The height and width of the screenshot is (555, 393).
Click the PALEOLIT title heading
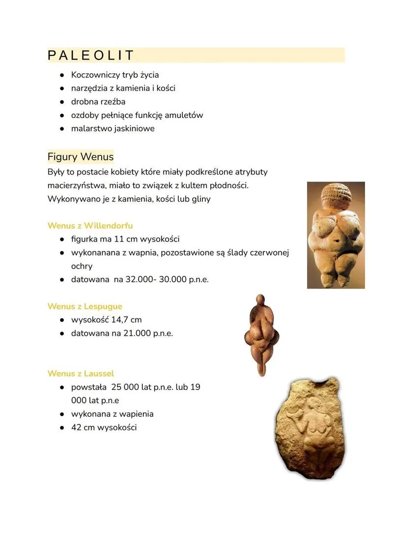(91, 56)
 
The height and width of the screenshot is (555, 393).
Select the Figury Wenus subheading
(81, 157)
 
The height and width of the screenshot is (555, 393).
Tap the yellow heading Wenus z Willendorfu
(90, 226)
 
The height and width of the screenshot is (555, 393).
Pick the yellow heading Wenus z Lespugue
(84, 306)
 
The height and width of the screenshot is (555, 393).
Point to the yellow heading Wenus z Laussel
(81, 374)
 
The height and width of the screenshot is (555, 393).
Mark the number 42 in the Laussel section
(76, 428)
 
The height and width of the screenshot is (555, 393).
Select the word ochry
(82, 266)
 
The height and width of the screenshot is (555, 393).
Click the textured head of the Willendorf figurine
(336, 197)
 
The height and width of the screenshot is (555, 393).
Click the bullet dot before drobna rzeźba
(63, 102)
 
